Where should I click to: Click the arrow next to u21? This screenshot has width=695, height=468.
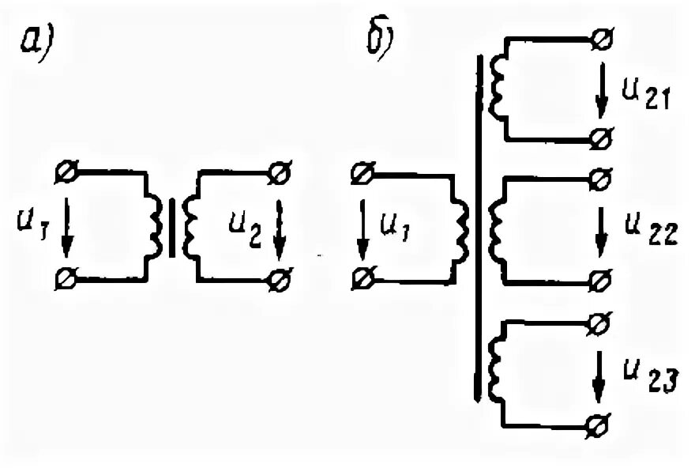coord(602,89)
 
